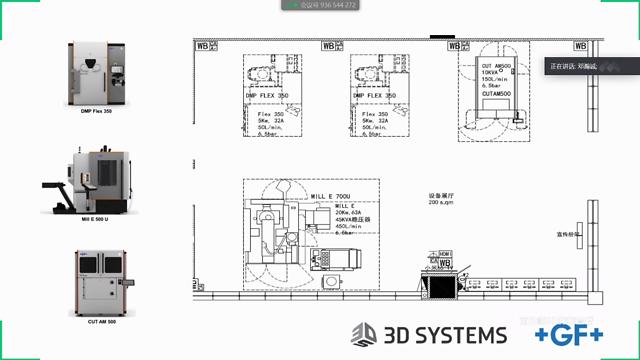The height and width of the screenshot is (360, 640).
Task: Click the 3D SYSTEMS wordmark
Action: pos(444,334)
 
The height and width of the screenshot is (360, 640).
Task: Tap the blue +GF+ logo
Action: pos(567,334)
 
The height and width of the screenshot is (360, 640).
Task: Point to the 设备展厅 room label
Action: pos(441,195)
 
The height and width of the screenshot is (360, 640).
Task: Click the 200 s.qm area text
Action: pos(441,203)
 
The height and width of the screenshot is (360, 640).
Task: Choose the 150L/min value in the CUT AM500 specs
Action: pos(494,79)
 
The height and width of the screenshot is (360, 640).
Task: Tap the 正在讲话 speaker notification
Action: pos(571,66)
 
